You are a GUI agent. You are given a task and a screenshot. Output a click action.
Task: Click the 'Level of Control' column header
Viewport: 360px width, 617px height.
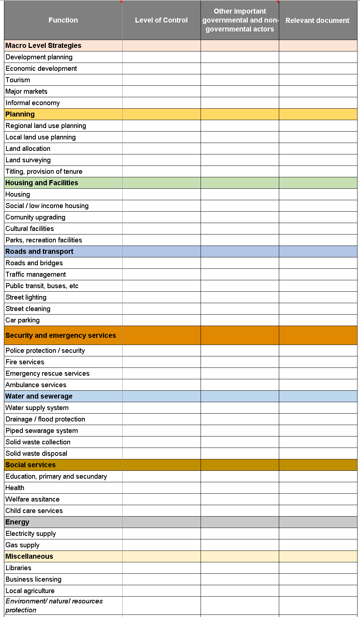(x=161, y=20)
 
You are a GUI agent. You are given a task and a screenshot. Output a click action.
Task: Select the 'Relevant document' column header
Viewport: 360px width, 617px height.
(x=317, y=20)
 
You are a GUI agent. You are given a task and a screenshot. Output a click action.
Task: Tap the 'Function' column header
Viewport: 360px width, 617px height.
(x=63, y=20)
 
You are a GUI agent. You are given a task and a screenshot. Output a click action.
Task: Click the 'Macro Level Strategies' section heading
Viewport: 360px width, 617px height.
(x=43, y=45)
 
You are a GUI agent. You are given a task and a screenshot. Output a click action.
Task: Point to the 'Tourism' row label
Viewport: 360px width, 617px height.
(x=18, y=80)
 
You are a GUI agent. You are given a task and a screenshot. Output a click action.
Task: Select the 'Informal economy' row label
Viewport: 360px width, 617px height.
(x=33, y=103)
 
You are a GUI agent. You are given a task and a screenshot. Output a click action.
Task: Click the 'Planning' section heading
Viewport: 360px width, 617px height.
(x=20, y=114)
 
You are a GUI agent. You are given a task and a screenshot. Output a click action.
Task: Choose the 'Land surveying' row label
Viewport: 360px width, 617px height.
(x=28, y=160)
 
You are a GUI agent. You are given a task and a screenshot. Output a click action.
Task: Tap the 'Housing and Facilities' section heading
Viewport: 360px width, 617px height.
(x=42, y=183)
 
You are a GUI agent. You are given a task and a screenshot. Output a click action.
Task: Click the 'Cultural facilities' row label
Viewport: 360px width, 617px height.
(x=30, y=228)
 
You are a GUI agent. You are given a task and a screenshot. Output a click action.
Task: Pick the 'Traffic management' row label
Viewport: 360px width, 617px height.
(x=36, y=274)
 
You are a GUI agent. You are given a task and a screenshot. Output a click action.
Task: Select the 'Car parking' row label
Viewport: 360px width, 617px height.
(x=23, y=320)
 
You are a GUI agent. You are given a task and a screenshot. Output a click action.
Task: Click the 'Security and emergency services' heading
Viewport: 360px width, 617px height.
(x=61, y=335)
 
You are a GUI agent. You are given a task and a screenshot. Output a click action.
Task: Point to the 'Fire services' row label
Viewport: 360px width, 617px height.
(x=25, y=362)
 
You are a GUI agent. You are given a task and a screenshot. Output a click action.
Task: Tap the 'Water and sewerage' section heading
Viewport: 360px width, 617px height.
(x=39, y=396)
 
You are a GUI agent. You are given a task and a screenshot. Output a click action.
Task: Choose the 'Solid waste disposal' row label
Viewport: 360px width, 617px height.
(x=36, y=453)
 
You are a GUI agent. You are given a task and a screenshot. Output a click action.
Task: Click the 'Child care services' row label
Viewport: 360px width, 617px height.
(x=34, y=510)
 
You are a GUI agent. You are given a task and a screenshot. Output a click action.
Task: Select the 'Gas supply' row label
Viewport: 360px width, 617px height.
(x=23, y=545)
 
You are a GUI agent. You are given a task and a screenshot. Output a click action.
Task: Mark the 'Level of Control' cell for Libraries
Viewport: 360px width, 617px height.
(x=161, y=568)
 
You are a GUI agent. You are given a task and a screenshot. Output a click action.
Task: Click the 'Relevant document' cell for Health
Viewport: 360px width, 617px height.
(x=318, y=488)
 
